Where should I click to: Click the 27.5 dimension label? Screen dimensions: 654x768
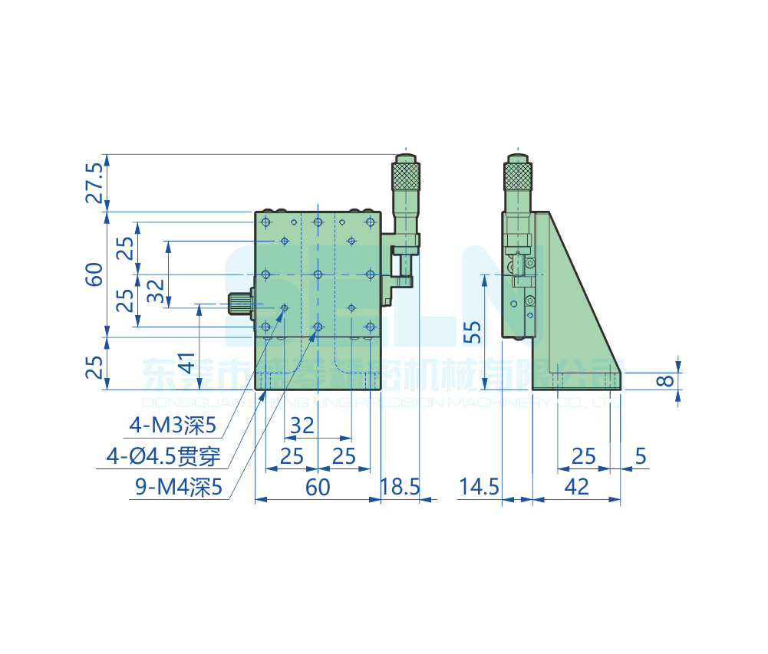[x=94, y=182]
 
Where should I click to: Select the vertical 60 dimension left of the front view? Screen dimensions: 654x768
[x=94, y=274]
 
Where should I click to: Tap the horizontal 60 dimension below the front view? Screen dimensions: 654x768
[x=318, y=487]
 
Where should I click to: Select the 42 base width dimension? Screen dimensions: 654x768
[x=575, y=487]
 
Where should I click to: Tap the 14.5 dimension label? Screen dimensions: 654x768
[x=479, y=487]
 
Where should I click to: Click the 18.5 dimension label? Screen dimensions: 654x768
[x=400, y=487]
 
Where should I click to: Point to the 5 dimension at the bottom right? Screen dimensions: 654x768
[x=641, y=457]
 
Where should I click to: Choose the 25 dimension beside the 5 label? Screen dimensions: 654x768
[x=584, y=457]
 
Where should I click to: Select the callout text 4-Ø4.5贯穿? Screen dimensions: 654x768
[x=163, y=457]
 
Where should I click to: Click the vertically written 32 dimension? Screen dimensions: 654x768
[x=155, y=291]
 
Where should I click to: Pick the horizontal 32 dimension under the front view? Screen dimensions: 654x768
[x=302, y=425]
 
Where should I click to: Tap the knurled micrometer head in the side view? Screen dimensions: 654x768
[x=517, y=177]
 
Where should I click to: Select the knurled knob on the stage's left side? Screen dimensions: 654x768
[x=240, y=304]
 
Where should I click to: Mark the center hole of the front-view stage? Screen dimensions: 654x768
[x=318, y=274]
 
